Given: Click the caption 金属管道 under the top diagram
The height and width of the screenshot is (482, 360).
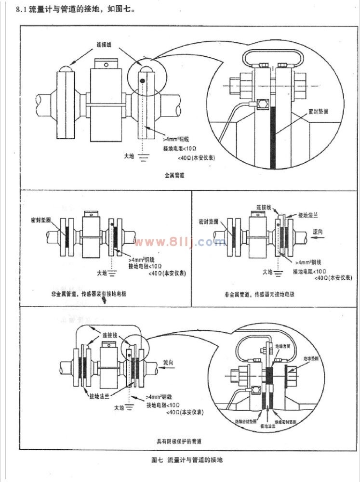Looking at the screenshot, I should (x=174, y=176).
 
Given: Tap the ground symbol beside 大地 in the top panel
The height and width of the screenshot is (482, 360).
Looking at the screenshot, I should (x=143, y=156).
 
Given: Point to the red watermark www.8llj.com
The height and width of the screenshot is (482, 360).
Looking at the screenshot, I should (x=180, y=242).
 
